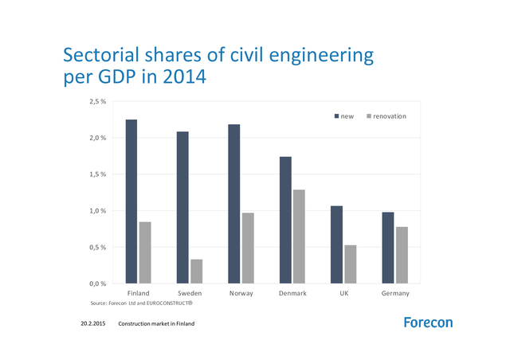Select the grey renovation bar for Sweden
tap(196, 272)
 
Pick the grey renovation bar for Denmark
tap(299, 237)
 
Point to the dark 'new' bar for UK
tap(337, 245)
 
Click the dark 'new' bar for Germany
tap(388, 248)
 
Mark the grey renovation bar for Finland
tap(145, 252)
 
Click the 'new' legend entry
tap(343, 116)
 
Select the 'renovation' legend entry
tap(386, 116)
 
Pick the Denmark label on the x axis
tap(292, 293)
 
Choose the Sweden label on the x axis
tap(190, 293)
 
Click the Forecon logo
tap(428, 323)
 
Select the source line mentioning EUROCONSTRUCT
tap(142, 303)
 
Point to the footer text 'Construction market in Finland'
tap(156, 324)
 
